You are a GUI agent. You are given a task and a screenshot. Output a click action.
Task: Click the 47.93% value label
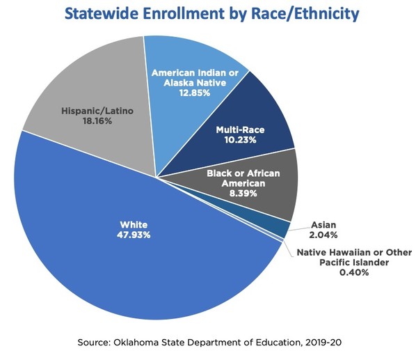(132, 235)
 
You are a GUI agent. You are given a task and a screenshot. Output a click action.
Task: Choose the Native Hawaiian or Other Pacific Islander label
(354, 257)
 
